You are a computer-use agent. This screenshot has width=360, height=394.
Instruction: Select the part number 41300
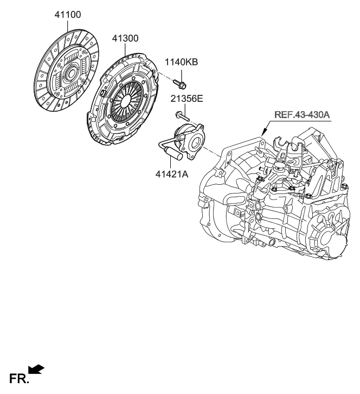125,39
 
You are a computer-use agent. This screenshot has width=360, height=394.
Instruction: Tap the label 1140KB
182,62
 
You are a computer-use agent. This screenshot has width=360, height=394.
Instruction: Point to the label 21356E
187,100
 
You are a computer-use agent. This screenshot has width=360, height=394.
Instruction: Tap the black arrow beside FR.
36,370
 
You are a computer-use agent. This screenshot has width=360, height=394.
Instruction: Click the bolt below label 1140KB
181,84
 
